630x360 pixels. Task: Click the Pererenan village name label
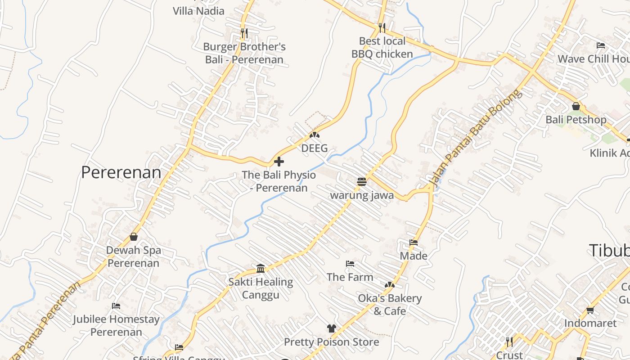(121, 172)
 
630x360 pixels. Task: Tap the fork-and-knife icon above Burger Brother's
(244, 33)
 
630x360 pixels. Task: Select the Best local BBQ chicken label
(382, 48)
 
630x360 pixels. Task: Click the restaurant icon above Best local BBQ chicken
(382, 28)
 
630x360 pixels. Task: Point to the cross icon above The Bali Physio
(279, 161)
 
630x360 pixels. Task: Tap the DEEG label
(315, 148)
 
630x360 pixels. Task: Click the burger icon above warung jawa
(362, 181)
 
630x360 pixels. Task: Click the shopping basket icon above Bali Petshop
(576, 107)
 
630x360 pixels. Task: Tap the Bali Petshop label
(576, 120)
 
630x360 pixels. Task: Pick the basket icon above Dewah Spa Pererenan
(134, 237)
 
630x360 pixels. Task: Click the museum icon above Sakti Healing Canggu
(261, 269)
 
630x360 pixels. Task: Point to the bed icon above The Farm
(350, 264)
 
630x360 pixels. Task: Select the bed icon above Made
(414, 243)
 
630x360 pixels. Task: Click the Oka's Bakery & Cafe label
(390, 305)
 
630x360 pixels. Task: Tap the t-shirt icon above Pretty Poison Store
(332, 328)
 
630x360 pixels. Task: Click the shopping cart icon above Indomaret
(590, 310)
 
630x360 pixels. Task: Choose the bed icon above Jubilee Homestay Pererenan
(116, 306)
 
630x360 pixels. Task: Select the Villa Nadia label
(198, 11)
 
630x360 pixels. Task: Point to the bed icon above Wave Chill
(600, 45)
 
